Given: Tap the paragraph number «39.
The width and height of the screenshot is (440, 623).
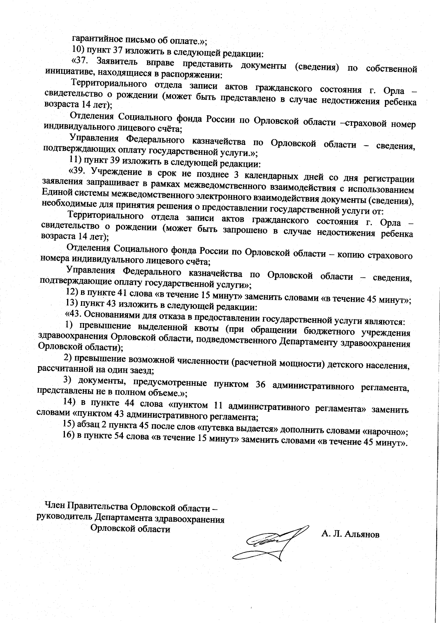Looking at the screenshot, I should [77, 171].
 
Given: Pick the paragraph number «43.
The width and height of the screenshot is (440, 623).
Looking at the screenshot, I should [74, 314].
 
